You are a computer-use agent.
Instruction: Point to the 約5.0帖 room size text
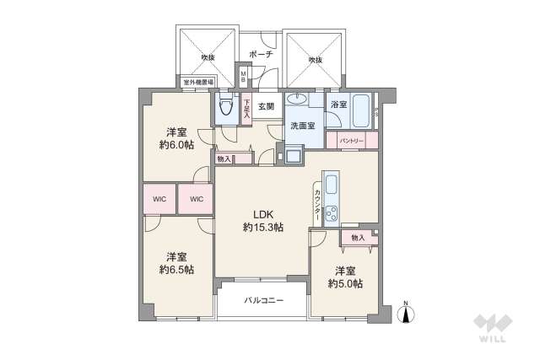point(345,283)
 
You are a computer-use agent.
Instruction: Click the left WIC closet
point(159,200)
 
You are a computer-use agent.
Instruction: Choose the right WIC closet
point(196,200)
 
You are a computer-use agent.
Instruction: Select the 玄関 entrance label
point(267,106)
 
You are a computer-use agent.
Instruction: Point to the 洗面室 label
point(302,125)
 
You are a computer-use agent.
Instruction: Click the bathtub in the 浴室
point(364,110)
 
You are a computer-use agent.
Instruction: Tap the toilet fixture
point(225,107)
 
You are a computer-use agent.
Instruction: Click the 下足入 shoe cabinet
point(247,108)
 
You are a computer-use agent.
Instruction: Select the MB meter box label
point(244,77)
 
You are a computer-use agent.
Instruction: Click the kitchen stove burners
point(330,212)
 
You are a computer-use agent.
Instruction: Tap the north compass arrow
point(406,314)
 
